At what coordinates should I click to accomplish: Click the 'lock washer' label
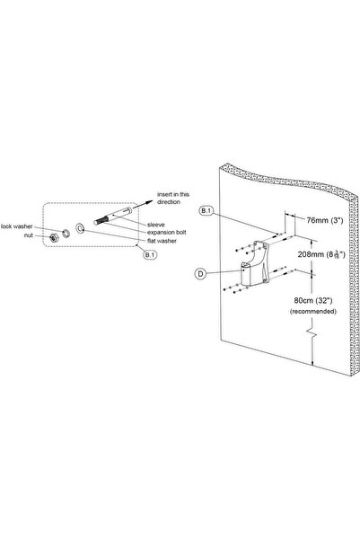tap(17, 226)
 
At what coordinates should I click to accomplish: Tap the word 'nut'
tap(29, 235)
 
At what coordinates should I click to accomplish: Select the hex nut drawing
tap(53, 237)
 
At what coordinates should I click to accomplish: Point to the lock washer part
tap(66, 233)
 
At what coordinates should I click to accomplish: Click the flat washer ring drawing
tap(80, 227)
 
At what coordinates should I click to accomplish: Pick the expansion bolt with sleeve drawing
tap(112, 216)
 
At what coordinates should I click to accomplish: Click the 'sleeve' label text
tap(156, 225)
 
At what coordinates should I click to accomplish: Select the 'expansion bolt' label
tap(167, 233)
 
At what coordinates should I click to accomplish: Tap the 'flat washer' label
tap(162, 241)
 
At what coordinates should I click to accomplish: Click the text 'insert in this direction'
tap(173, 198)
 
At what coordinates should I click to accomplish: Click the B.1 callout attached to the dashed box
tap(150, 255)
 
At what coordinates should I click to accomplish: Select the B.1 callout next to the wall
tap(206, 211)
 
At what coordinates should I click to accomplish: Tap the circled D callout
tap(200, 274)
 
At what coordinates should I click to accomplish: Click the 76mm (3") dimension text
tap(325, 220)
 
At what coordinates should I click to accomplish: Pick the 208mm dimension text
tap(321, 254)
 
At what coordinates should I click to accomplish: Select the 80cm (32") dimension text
tap(313, 300)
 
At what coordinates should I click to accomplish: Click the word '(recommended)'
tap(313, 311)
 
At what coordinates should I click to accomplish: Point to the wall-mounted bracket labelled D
tap(255, 263)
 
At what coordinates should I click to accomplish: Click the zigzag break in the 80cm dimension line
tap(312, 332)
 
